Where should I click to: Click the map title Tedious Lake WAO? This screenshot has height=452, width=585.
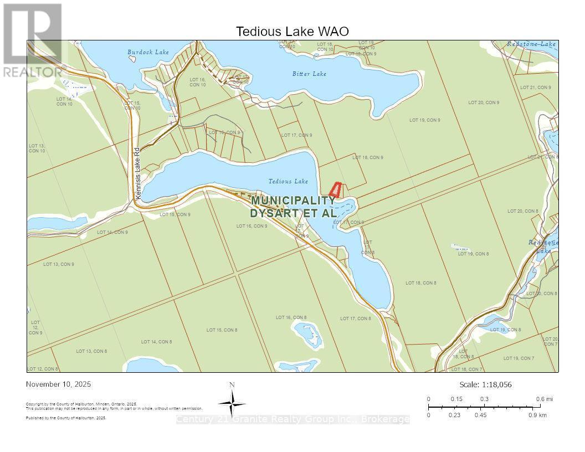click(292, 32)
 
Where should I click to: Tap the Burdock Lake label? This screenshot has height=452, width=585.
click(148, 53)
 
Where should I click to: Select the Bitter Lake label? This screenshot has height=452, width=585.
click(309, 74)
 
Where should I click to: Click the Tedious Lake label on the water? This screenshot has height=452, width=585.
click(288, 181)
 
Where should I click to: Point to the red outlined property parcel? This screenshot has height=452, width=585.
click(335, 191)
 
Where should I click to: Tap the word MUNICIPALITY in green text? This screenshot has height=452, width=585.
click(292, 201)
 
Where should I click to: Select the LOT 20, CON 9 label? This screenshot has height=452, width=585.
click(483, 102)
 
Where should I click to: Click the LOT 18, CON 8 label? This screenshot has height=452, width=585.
click(420, 283)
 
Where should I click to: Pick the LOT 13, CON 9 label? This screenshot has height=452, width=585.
click(58, 264)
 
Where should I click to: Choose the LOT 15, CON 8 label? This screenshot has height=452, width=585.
click(222, 330)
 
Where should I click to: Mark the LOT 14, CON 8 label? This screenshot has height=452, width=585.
click(156, 342)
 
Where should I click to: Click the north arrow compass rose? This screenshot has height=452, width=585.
click(232, 402)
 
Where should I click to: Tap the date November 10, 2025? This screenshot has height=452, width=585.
click(59, 384)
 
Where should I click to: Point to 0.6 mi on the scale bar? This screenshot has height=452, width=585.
click(544, 399)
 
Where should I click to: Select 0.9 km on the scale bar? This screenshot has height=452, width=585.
click(537, 415)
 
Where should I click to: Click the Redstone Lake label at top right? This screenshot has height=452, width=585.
click(531, 44)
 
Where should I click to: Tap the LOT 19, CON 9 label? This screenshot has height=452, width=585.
click(424, 120)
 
